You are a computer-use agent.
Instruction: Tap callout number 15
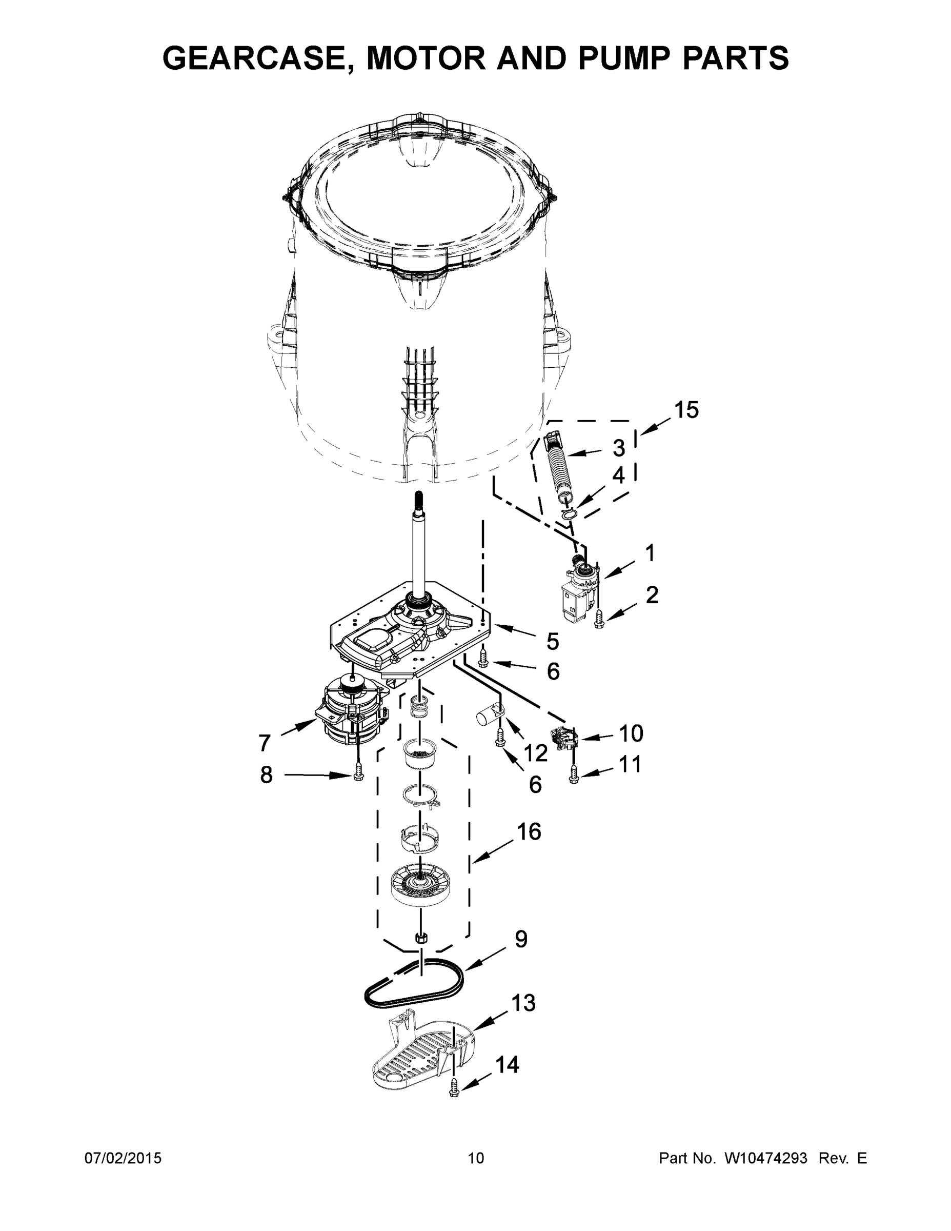pyautogui.click(x=686, y=410)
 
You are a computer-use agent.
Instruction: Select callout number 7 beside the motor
pyautogui.click(x=265, y=743)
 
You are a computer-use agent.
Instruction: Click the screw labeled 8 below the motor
pyautogui.click(x=357, y=777)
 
